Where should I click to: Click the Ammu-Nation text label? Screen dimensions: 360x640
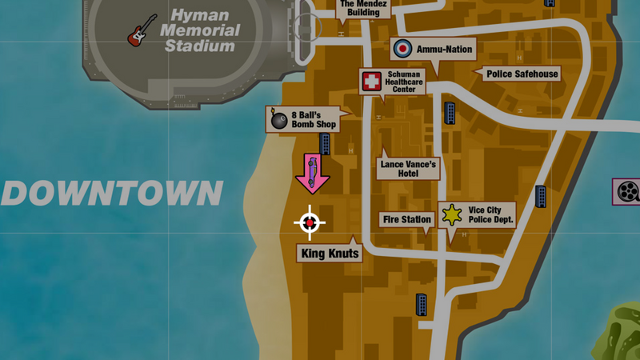[x=444, y=50]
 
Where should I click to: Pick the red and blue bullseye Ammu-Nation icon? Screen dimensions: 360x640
[x=403, y=50]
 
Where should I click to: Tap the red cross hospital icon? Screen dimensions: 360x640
[x=370, y=81]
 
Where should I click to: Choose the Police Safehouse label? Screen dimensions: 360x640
[x=522, y=74]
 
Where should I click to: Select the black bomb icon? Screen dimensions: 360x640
[x=278, y=120]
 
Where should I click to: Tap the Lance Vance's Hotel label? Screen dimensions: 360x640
[x=408, y=168]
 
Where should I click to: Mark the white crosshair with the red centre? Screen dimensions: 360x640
[x=310, y=222]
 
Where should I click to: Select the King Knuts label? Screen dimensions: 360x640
[x=330, y=254]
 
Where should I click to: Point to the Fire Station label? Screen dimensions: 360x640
[x=407, y=219]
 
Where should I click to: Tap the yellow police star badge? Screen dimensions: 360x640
[x=453, y=214]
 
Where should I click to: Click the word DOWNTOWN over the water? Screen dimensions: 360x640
[x=112, y=194]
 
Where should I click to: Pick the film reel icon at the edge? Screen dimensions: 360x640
[x=627, y=192]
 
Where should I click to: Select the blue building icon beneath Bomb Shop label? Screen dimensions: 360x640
[x=326, y=144]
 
